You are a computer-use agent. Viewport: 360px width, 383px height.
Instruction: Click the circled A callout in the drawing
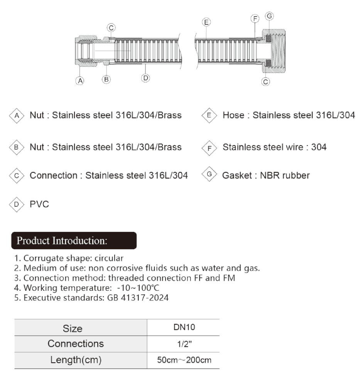pos(80,81)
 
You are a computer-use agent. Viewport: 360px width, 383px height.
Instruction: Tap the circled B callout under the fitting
pos(106,79)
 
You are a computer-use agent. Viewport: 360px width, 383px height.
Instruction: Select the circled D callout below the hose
pos(146,78)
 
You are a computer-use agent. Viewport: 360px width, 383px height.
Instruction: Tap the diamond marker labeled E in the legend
pos(208,115)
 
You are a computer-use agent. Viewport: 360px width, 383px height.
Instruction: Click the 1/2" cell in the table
pos(184,344)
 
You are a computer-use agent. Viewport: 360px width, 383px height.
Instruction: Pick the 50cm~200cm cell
pos(184,360)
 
